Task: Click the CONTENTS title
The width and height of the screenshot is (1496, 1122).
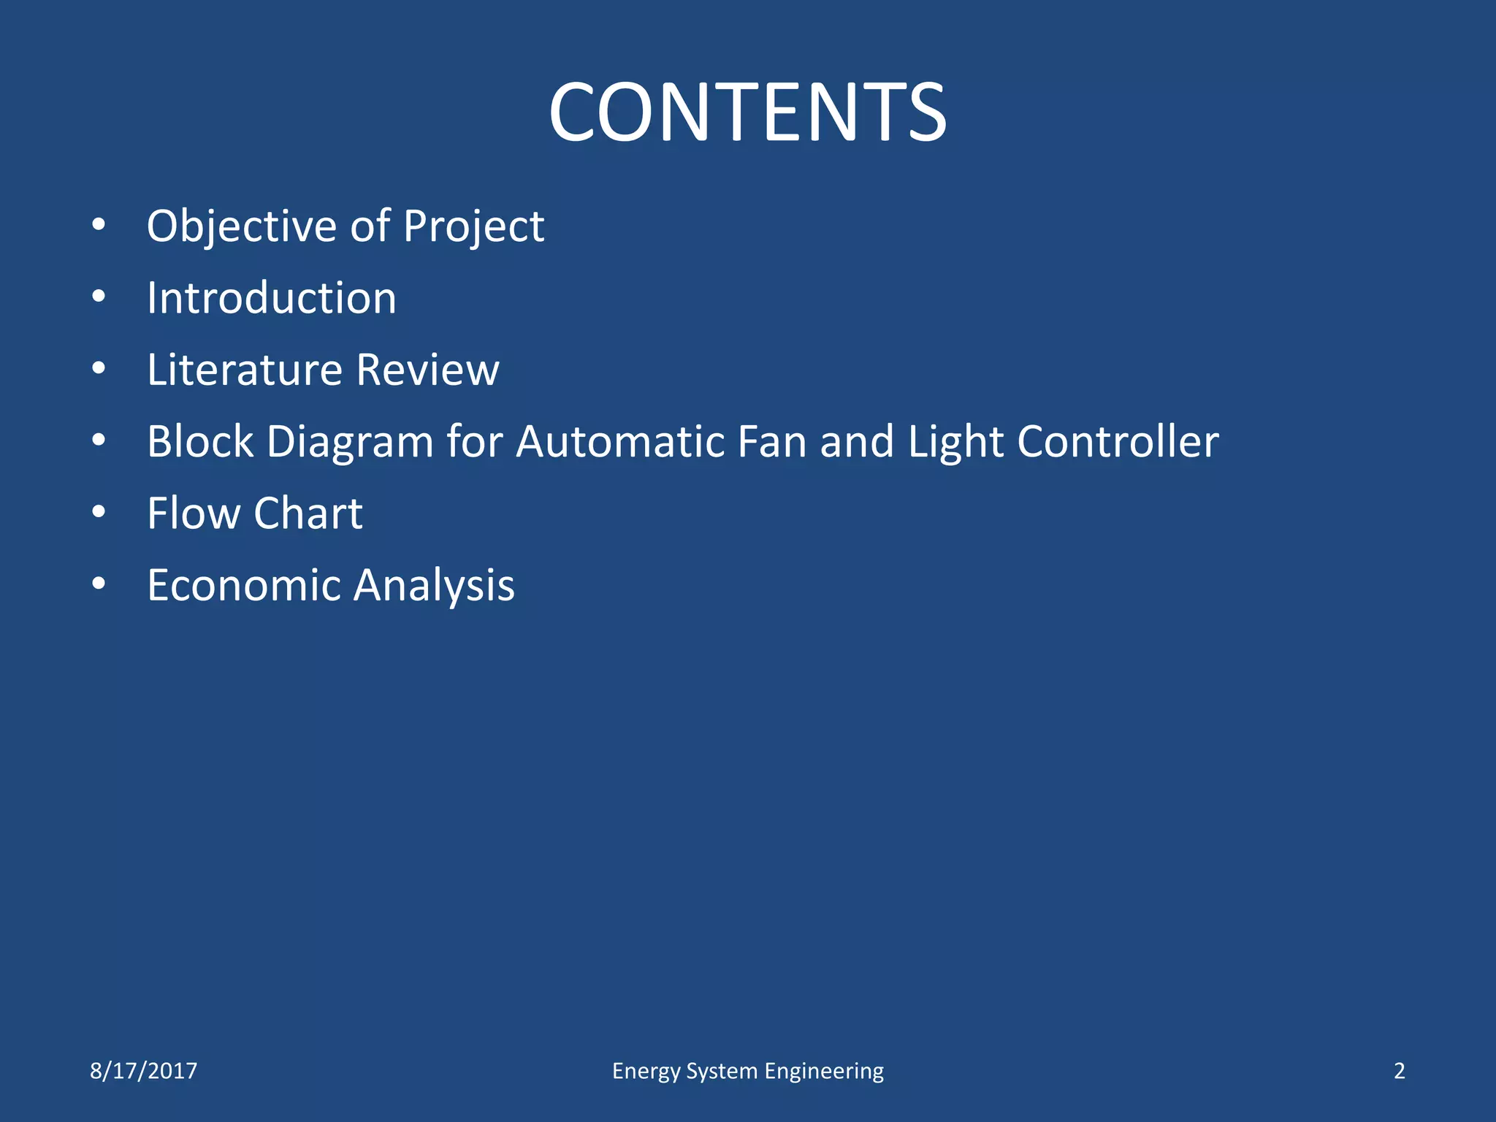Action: pos(747,112)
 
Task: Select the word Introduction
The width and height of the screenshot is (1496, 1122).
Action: pos(271,298)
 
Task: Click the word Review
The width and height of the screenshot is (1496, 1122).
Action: pos(427,370)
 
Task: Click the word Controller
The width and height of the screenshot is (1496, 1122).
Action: pos(1118,441)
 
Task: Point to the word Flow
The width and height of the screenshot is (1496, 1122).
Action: pos(192,513)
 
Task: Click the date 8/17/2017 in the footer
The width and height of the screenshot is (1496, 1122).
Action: pos(143,1071)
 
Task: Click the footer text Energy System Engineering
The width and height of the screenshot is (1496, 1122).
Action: pos(747,1071)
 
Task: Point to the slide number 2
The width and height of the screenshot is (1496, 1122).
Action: pos(1399,1071)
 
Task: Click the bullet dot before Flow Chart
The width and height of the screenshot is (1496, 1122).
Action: pos(99,512)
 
